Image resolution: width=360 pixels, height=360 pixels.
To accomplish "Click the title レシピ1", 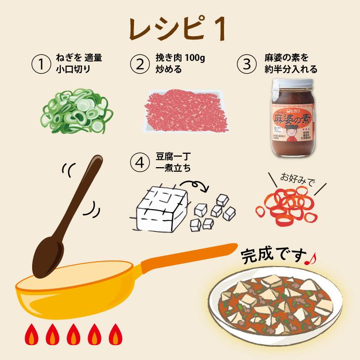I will (x=180, y=28).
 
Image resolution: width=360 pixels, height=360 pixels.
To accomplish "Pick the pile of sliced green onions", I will (x=78, y=109).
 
